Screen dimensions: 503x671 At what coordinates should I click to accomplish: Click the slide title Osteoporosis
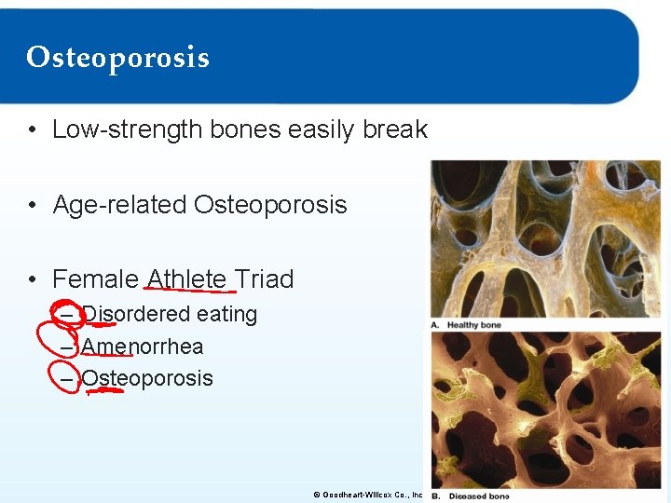(x=117, y=58)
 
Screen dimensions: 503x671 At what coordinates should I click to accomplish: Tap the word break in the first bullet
(x=395, y=129)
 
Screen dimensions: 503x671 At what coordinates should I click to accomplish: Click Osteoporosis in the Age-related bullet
(x=270, y=204)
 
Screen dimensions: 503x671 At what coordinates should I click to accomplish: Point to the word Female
(x=95, y=279)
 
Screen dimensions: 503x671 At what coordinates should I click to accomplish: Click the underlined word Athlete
(x=186, y=279)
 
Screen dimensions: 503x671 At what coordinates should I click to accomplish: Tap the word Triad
(x=264, y=279)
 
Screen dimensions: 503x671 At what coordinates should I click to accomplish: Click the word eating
(x=226, y=315)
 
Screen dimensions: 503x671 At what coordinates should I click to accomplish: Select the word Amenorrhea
(x=142, y=347)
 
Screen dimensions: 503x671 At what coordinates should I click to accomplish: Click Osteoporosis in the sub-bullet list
(x=147, y=378)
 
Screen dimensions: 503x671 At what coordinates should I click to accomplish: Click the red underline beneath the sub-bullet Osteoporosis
(x=105, y=391)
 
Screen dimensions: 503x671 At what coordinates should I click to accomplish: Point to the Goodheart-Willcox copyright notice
(x=367, y=495)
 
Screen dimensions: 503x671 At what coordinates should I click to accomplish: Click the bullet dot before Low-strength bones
(x=33, y=130)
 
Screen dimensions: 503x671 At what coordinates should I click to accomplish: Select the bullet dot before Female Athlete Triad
(x=33, y=279)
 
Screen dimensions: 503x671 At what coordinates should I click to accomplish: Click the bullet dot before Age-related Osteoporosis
(x=33, y=205)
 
